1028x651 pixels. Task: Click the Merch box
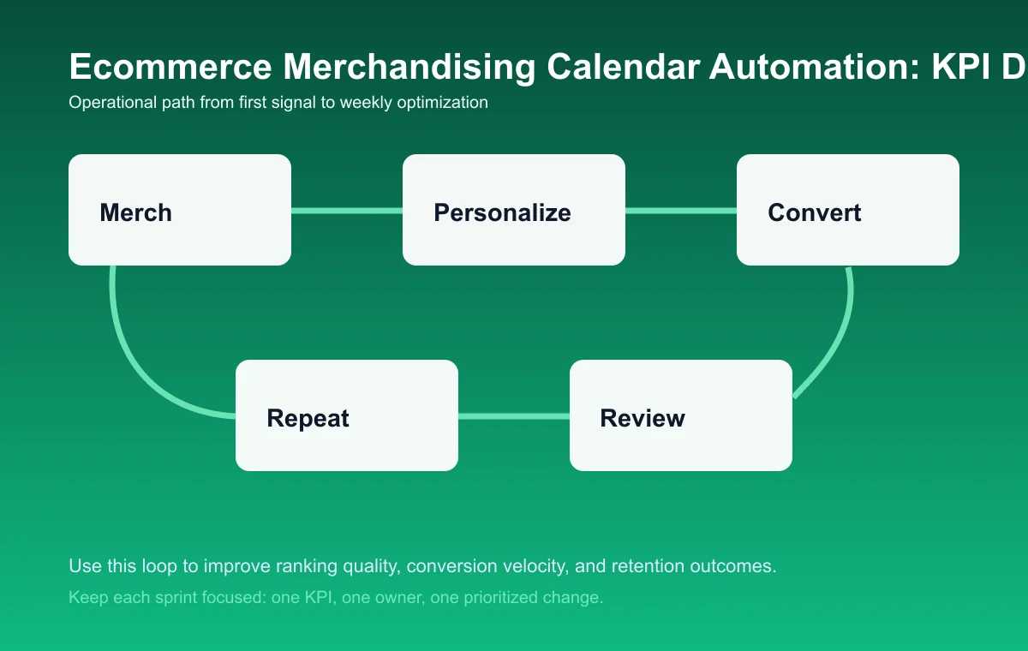coord(180,210)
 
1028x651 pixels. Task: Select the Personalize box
coord(514,210)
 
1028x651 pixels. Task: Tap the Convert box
coord(848,210)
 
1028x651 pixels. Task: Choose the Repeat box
coord(347,415)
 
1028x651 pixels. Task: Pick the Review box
coord(681,415)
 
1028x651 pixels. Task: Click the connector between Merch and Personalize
coord(347,210)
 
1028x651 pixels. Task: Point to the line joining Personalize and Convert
coord(681,210)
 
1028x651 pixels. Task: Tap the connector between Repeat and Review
coord(514,416)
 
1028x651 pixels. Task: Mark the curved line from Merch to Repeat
coord(128,351)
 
